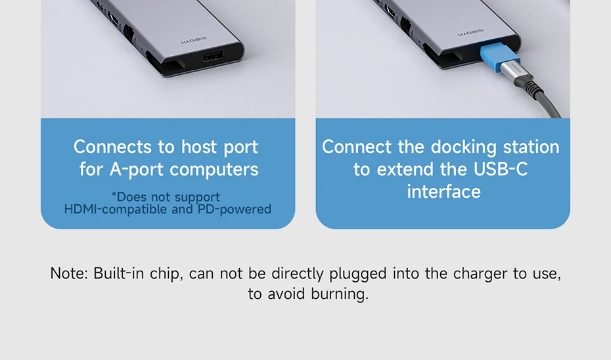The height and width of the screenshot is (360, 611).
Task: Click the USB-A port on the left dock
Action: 213,57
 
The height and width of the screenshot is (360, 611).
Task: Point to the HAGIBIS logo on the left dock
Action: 194,40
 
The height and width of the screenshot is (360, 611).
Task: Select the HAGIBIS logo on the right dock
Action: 470,33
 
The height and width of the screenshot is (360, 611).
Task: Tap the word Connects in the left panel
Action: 112,147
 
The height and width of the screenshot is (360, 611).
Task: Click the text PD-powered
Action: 234,209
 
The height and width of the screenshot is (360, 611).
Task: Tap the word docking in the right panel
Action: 463,147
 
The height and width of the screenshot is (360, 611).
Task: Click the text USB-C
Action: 501,169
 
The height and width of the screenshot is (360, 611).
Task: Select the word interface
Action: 444,192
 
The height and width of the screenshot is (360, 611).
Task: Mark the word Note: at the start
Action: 69,273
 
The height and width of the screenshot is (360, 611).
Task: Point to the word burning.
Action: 340,294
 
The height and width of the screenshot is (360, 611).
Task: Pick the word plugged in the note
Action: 357,274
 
